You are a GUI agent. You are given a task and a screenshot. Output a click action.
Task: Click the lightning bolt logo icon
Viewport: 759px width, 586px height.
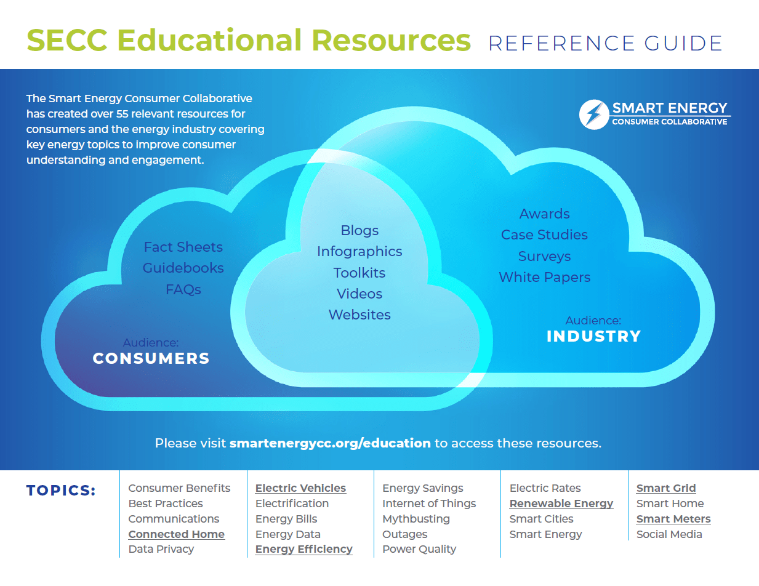tap(593, 115)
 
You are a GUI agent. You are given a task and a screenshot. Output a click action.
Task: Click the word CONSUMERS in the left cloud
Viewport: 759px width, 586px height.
tap(151, 358)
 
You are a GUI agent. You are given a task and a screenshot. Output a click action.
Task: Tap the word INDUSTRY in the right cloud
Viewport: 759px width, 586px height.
tap(594, 336)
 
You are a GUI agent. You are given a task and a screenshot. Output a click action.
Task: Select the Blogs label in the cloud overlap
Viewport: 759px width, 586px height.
tap(359, 230)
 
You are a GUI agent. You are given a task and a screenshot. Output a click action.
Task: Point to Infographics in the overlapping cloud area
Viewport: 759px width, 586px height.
tap(359, 251)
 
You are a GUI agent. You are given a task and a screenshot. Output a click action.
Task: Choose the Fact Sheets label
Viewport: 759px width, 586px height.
tap(183, 247)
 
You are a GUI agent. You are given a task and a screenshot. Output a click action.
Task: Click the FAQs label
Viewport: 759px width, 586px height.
tap(183, 289)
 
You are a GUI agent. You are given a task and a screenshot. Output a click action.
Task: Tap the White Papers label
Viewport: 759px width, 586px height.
tap(545, 277)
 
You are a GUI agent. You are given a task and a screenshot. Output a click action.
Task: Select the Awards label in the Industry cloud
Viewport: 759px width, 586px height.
tap(545, 214)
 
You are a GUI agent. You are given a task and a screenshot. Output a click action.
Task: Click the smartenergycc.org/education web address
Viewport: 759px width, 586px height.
tap(330, 443)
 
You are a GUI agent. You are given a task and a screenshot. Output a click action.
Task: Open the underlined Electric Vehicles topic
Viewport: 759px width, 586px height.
tap(300, 488)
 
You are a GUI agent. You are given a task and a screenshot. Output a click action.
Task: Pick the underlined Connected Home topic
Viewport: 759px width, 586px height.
tap(176, 534)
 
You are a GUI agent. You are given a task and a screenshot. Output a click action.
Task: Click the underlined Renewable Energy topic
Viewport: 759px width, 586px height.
tap(561, 504)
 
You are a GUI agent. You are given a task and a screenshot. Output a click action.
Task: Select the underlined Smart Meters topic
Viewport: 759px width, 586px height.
tap(673, 519)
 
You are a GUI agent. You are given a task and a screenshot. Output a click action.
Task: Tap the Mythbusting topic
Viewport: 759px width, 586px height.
tap(416, 519)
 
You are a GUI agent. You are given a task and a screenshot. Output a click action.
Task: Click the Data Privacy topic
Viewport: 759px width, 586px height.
tap(161, 549)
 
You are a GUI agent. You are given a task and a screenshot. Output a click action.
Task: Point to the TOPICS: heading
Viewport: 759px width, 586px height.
tap(61, 491)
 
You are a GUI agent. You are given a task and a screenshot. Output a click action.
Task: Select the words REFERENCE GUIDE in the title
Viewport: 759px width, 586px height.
tap(605, 43)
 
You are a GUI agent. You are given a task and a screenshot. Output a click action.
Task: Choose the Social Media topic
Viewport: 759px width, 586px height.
tap(669, 534)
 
